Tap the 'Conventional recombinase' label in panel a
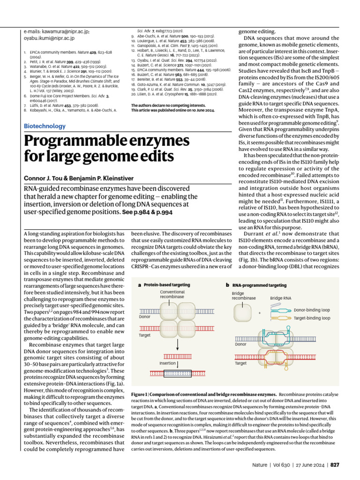click(x=172, y=294)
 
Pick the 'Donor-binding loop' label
click(x=312, y=310)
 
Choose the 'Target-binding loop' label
click(x=311, y=318)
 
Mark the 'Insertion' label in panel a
click(x=167, y=363)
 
